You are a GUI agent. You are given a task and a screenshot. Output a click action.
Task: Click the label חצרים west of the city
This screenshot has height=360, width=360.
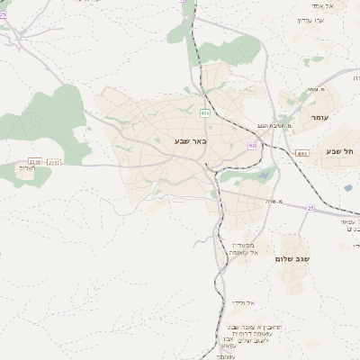point(26,167)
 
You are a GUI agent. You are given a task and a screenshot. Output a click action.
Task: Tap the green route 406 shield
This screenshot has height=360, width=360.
point(205,112)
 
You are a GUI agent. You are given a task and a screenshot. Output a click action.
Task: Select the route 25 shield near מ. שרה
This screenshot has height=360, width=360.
point(310,208)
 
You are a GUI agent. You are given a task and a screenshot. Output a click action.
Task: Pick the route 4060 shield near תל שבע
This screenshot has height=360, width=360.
point(301,154)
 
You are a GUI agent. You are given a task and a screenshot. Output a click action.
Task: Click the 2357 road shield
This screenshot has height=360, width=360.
point(55,162)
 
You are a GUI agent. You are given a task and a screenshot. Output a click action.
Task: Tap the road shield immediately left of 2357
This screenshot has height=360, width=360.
point(35,161)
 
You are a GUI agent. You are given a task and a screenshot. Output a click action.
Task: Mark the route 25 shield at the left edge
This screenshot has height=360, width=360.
point(3,14)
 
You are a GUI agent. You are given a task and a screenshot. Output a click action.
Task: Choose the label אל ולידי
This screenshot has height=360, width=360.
point(244,302)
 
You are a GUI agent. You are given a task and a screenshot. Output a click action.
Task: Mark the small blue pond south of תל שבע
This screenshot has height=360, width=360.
point(347,188)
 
